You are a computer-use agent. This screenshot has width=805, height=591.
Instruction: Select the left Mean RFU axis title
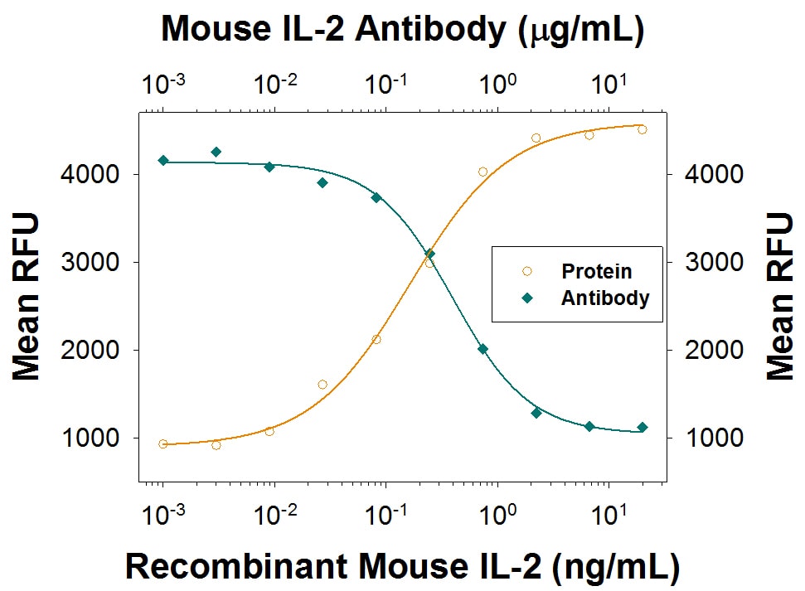[x=27, y=296]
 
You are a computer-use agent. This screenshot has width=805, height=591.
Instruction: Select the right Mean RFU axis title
[x=778, y=296]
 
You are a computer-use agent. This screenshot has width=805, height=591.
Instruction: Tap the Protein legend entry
[x=596, y=271]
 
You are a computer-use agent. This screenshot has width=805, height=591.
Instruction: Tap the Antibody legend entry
[x=604, y=298]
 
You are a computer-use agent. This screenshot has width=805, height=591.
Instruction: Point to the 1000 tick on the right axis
[x=706, y=438]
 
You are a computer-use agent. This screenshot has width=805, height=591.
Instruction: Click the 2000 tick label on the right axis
[x=706, y=350]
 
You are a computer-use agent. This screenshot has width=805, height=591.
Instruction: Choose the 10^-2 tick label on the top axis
[x=274, y=84]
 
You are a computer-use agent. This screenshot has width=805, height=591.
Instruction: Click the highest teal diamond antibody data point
[x=216, y=152]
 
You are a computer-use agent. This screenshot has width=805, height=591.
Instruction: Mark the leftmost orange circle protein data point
[x=162, y=444]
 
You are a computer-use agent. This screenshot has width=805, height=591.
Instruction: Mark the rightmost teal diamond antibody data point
[x=642, y=427]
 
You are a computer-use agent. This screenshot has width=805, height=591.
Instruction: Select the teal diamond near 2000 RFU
[x=483, y=349]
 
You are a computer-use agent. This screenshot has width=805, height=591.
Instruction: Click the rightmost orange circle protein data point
[x=642, y=129]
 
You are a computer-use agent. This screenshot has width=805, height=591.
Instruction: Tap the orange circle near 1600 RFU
[x=322, y=385]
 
